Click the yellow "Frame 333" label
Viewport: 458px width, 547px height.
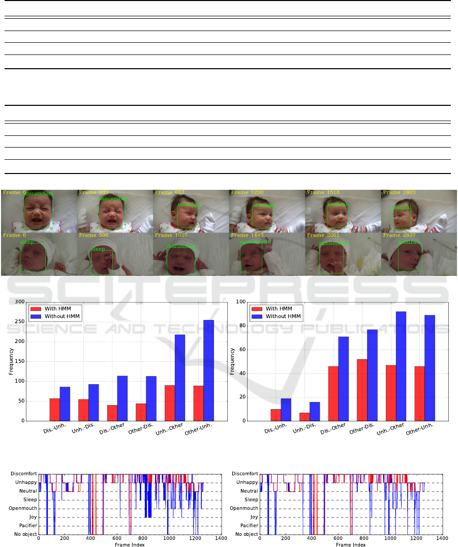point(94,193)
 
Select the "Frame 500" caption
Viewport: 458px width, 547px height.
point(94,236)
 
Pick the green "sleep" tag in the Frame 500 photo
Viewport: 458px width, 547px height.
point(98,249)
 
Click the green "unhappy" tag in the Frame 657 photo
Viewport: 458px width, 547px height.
point(190,205)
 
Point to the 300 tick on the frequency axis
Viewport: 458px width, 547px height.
point(19,302)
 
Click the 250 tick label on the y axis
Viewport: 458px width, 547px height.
point(19,322)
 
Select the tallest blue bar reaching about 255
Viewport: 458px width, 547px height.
point(208,370)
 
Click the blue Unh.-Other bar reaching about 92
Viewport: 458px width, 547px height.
point(402,366)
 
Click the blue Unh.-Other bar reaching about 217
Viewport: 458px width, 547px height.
point(179,378)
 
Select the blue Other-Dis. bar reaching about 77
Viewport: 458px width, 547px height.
point(373,375)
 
